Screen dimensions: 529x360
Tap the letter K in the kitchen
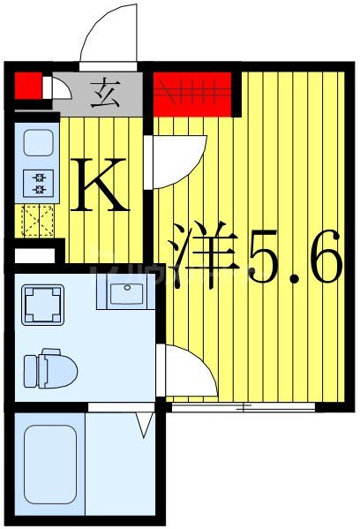pos(101,184)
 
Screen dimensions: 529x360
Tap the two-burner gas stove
pos(38,184)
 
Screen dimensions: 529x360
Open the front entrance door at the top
pos(109,35)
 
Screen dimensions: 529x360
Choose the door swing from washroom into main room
pos(185,371)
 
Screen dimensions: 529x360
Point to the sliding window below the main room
pos(243,408)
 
